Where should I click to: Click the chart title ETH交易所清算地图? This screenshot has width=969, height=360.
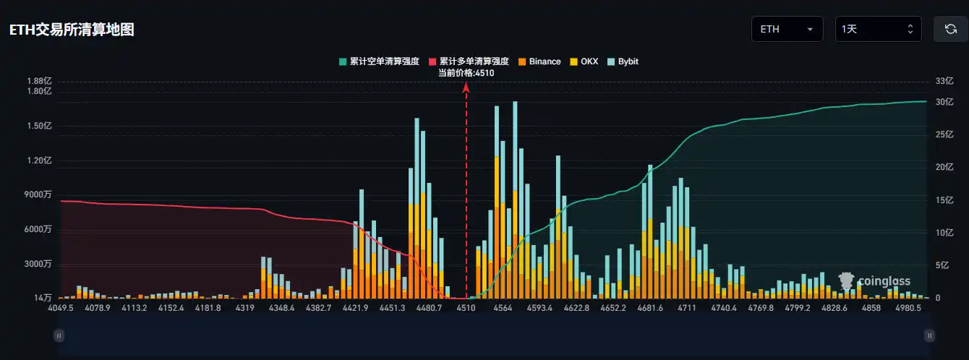click(x=71, y=30)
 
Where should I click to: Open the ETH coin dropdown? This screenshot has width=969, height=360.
click(x=787, y=30)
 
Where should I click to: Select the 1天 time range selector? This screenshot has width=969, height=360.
click(x=878, y=30)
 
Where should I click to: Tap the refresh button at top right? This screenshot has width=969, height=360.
click(x=950, y=30)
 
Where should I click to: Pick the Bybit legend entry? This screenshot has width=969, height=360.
click(x=623, y=61)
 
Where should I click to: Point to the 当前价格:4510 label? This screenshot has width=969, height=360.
click(x=466, y=72)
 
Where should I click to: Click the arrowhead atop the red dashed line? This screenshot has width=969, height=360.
click(x=466, y=87)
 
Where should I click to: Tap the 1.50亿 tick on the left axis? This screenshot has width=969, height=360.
click(x=39, y=126)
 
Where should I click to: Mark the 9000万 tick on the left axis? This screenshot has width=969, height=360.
click(x=38, y=194)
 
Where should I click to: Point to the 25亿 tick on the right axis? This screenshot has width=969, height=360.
click(x=945, y=134)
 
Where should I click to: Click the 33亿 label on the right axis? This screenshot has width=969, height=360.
click(x=945, y=81)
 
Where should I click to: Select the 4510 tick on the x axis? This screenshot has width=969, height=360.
click(x=466, y=308)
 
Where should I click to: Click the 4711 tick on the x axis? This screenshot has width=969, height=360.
click(x=686, y=308)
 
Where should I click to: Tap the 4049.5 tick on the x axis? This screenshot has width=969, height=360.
click(x=61, y=308)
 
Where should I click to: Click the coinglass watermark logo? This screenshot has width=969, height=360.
click(x=874, y=280)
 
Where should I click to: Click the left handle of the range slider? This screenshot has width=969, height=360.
click(x=59, y=335)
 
